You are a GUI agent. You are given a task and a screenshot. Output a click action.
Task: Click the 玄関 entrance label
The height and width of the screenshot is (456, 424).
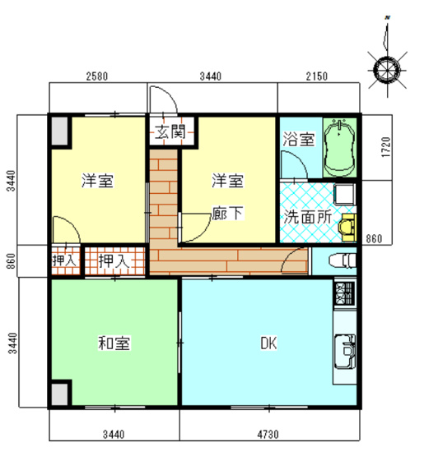tap(171, 131)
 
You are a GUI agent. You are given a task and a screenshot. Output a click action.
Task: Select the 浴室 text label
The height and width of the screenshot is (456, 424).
tap(297, 139)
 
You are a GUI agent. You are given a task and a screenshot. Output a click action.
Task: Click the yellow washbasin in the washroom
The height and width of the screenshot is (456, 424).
tap(349, 224)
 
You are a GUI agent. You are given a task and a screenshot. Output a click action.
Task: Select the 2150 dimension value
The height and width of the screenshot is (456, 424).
tap(315, 77)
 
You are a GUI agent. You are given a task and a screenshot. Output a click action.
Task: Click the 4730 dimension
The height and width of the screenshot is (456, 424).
tap(268, 434)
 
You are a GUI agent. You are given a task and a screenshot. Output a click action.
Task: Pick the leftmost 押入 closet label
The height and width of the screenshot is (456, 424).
tap(64, 261)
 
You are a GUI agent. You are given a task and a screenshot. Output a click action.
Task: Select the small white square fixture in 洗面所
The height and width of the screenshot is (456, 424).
tap(344, 195)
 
